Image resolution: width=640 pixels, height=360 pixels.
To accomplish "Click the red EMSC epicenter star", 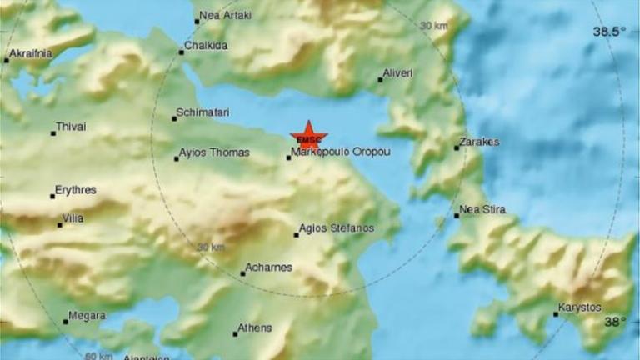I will (309, 137).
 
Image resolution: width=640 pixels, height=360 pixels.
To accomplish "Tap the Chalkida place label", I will (205, 47).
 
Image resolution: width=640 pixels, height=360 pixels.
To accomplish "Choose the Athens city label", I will (255, 328).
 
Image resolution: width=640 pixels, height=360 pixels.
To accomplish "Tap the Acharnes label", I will (269, 267).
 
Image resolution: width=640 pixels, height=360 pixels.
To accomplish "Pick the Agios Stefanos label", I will (337, 228).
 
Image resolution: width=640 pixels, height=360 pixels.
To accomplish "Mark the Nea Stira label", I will (482, 209).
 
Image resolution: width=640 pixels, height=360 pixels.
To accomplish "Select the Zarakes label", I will (481, 142).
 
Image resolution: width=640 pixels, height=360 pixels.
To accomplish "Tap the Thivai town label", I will (71, 127).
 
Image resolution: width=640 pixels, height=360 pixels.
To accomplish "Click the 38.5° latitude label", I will (608, 32).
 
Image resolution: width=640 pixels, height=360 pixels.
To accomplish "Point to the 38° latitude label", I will (614, 322).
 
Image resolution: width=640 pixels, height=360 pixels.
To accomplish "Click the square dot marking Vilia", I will (60, 225).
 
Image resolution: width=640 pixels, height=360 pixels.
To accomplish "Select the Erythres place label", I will (75, 190).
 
